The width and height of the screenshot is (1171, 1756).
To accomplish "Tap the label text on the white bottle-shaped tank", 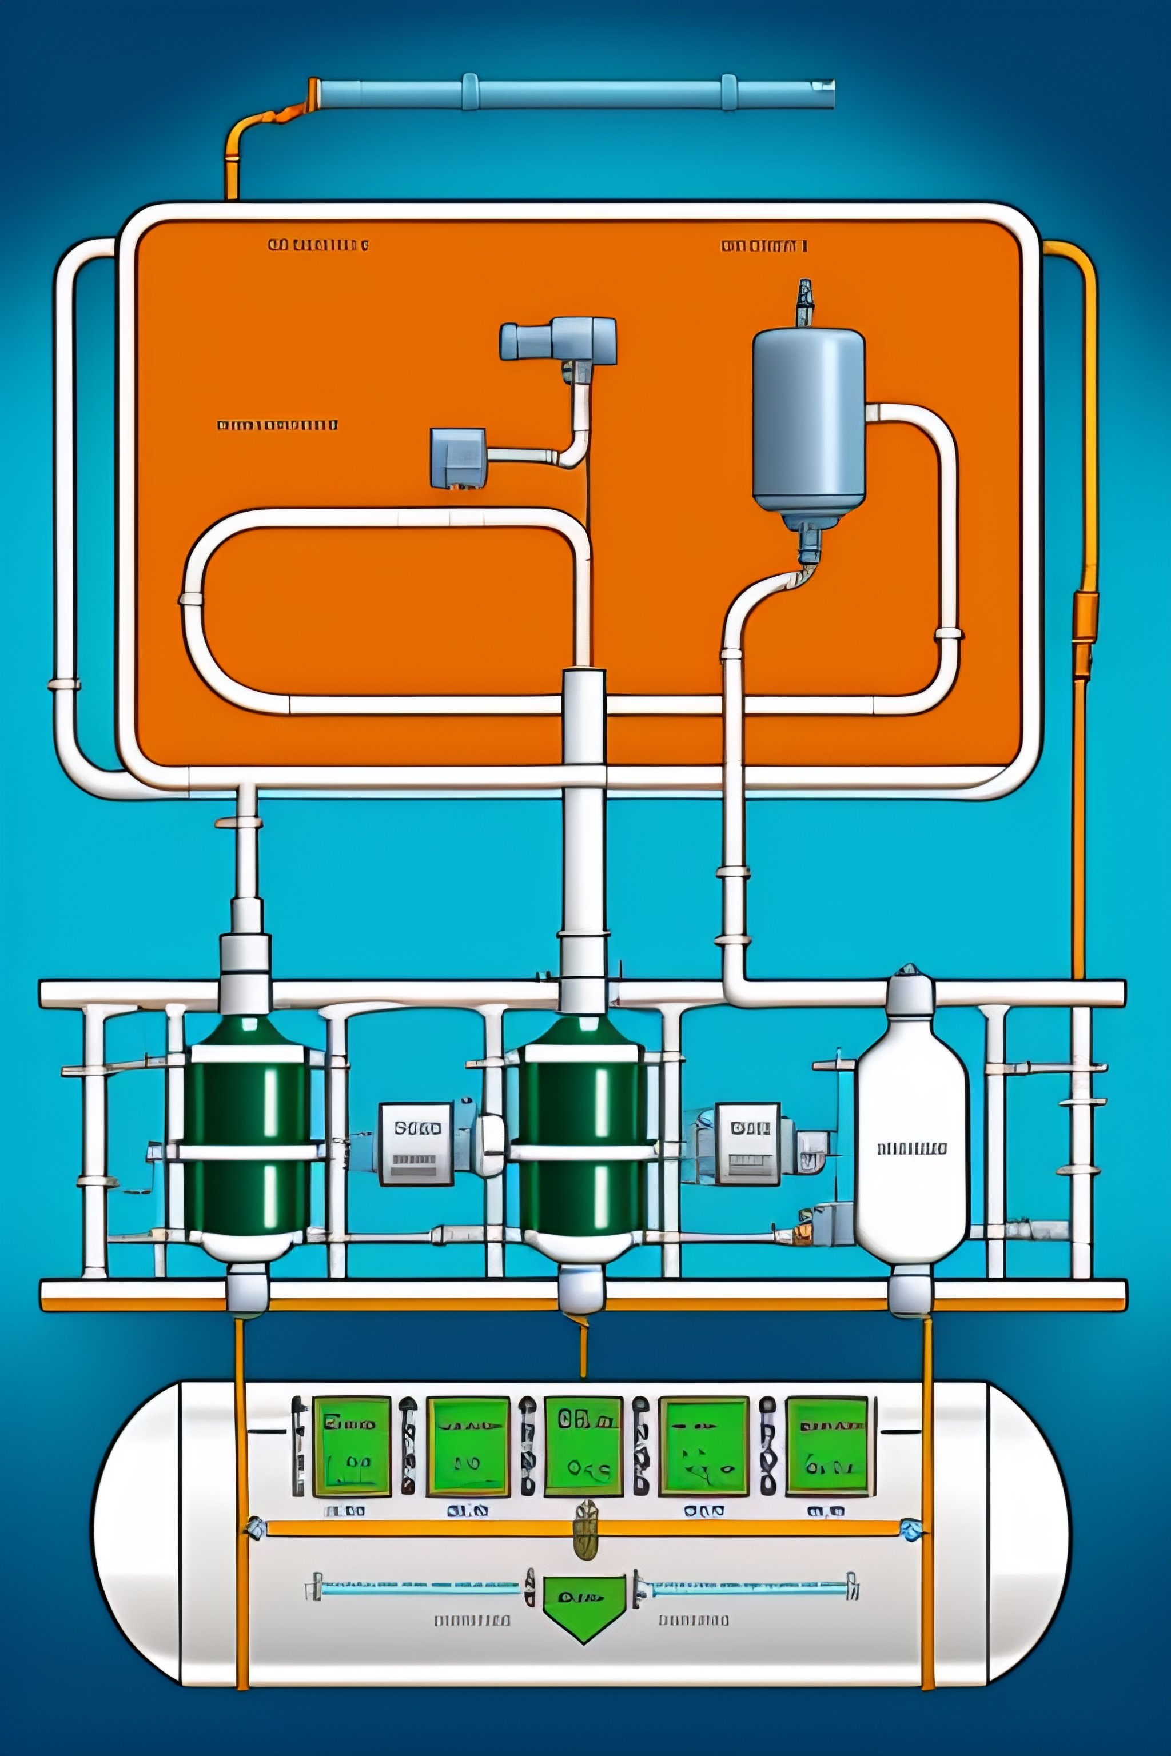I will pos(911,1148).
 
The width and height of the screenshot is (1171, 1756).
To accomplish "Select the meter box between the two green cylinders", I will pos(417,1143).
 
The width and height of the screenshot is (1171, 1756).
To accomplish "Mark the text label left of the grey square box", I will pos(276,425).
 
